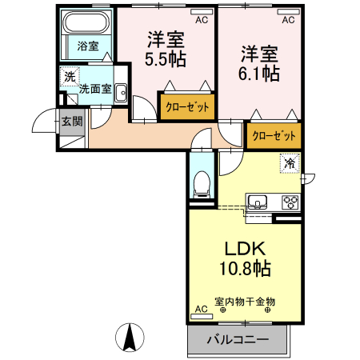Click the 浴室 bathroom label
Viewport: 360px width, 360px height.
coord(88,46)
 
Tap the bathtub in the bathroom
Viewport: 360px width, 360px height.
coord(88,25)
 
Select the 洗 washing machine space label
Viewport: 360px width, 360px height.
coord(70,77)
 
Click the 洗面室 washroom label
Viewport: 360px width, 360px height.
coord(95,89)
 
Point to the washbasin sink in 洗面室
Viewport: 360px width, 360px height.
coord(121,93)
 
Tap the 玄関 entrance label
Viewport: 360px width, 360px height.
coord(71,122)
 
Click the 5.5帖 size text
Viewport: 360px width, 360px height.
coord(166,60)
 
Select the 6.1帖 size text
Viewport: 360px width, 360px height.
coord(260,74)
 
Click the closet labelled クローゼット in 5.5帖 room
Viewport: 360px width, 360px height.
coord(187,106)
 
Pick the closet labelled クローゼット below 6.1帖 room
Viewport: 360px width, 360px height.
coord(275,135)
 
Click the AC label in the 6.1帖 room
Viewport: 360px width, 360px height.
coord(287,18)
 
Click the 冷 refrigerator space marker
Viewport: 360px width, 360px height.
coord(289,162)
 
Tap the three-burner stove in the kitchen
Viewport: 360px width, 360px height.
coord(288,202)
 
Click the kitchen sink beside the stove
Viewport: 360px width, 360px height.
coord(259,202)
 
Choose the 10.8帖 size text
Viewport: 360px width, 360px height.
coord(244,268)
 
